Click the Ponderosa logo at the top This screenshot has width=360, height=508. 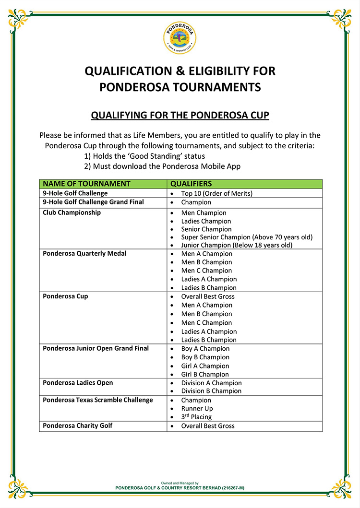click(x=180, y=39)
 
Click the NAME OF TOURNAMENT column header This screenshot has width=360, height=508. click(x=86, y=184)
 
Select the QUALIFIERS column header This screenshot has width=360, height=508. click(x=191, y=184)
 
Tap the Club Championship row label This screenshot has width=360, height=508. click(x=72, y=213)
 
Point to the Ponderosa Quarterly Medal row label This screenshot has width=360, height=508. click(x=84, y=253)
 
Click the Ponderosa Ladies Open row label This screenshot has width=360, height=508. click(x=78, y=383)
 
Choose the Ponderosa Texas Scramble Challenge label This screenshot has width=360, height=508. click(x=98, y=400)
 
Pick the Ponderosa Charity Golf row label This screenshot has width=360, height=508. click(x=78, y=425)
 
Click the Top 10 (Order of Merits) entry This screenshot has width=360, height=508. click(x=216, y=193)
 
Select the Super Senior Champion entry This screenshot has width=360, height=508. click(x=247, y=237)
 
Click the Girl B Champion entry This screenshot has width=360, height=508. click(x=205, y=374)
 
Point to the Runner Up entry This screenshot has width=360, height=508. click(x=197, y=409)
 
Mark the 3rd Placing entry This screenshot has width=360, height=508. click(x=196, y=417)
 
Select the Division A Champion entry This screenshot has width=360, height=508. click(x=211, y=383)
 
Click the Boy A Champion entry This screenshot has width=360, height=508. click(x=205, y=349)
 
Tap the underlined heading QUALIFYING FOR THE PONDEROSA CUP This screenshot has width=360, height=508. click(x=180, y=116)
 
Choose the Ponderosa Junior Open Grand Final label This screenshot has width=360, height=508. click(x=96, y=348)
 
